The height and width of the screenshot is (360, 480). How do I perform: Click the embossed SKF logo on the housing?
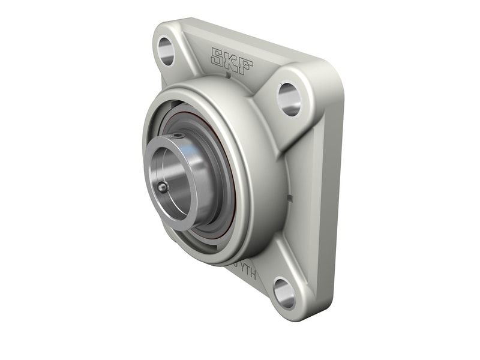[231, 60]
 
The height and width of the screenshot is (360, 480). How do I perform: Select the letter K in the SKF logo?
[231, 60]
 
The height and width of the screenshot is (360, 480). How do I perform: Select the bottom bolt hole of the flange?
[284, 293]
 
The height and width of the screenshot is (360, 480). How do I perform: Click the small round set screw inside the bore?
[162, 188]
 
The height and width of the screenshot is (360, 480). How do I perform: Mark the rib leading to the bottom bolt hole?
[264, 264]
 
